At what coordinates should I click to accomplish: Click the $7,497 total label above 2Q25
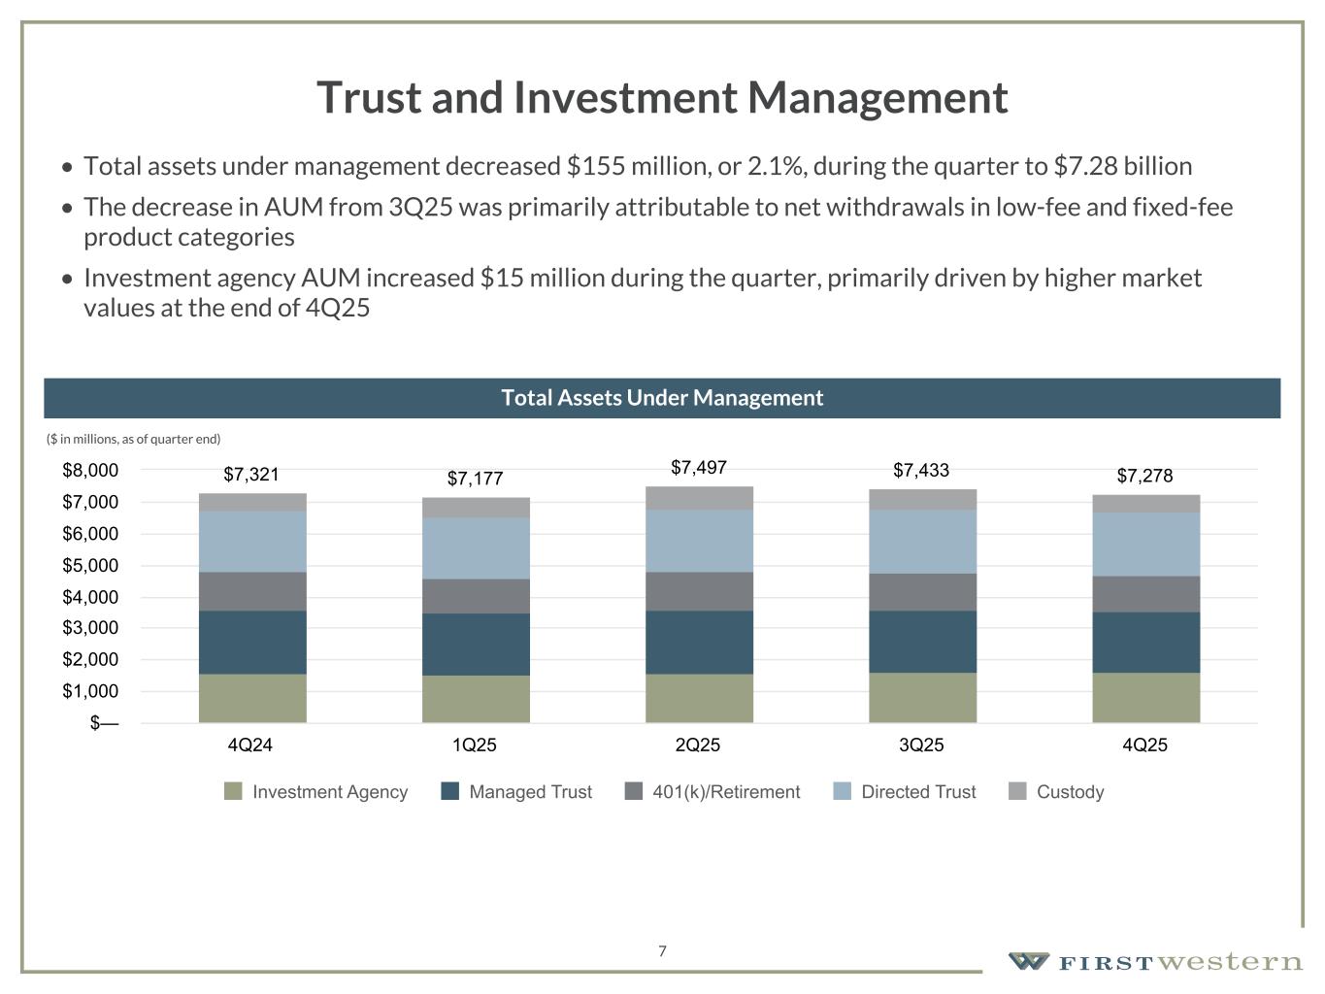699,468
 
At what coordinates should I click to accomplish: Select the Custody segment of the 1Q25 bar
476,508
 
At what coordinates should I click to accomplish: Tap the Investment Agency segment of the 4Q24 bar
252,698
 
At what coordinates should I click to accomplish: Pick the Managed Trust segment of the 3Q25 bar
922,642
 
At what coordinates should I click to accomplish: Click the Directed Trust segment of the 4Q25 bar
1145,545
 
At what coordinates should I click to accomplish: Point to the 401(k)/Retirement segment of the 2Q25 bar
699,591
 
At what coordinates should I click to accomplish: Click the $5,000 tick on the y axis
90,565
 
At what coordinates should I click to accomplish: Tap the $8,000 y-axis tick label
90,471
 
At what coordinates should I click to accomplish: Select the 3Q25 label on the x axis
921,745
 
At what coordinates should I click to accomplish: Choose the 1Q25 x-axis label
474,745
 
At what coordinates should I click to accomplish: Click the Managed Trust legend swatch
449,791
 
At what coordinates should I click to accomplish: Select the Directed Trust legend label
918,792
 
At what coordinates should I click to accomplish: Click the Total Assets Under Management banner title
662,398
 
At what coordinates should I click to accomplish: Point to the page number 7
662,951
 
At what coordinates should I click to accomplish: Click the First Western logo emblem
1028,961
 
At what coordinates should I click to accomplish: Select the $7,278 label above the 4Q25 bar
1144,476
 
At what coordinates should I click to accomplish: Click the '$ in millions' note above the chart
134,439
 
